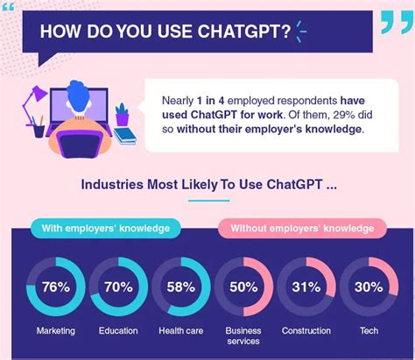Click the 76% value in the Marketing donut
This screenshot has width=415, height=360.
click(x=55, y=287)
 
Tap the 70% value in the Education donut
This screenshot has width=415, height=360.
click(x=118, y=287)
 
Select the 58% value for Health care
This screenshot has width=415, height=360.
click(x=181, y=287)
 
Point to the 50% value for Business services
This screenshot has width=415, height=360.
click(x=243, y=287)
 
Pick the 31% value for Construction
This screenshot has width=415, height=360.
click(x=306, y=287)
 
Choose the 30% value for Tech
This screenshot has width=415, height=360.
click(x=369, y=287)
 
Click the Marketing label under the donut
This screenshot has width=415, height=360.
click(x=55, y=330)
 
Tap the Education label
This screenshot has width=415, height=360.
click(x=118, y=330)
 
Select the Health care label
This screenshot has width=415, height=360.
click(x=181, y=330)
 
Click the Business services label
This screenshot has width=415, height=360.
click(x=243, y=336)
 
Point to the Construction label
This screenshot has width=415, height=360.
click(x=306, y=330)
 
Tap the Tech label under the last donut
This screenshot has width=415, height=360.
click(x=369, y=330)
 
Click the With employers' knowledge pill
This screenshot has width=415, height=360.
click(x=106, y=229)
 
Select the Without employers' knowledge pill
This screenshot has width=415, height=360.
click(x=302, y=229)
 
